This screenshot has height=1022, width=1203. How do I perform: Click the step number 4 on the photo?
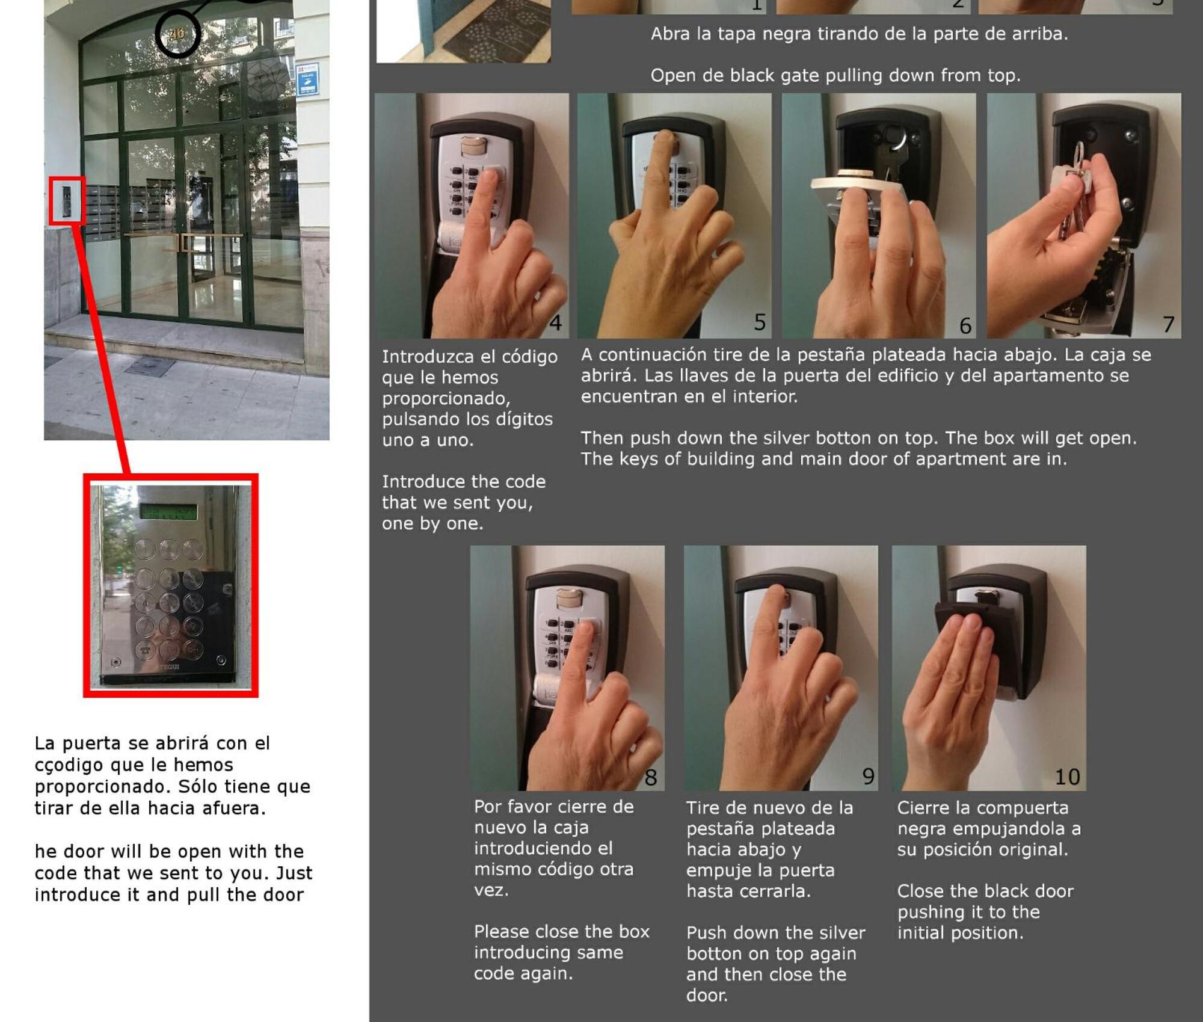(x=555, y=323)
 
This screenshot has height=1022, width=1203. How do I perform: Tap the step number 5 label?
(x=760, y=322)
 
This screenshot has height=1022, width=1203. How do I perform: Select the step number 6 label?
(x=965, y=325)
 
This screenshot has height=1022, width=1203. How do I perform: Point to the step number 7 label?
(x=1168, y=324)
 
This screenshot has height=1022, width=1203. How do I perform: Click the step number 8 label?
(x=650, y=777)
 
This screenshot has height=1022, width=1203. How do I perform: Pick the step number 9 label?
(x=868, y=776)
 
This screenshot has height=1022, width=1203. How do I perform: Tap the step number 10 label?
(x=1068, y=777)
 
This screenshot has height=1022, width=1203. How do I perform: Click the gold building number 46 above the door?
(x=177, y=34)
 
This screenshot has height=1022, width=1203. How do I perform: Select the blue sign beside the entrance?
(x=307, y=79)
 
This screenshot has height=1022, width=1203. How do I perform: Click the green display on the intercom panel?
(x=168, y=511)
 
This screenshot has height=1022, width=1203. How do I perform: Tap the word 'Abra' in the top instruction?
(x=671, y=34)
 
